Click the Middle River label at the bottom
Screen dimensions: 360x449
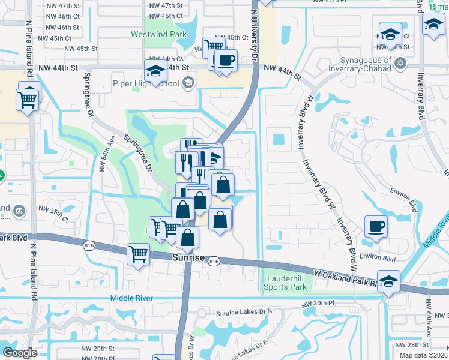pos(132,298)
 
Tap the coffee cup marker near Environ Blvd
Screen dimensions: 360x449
pos(376,227)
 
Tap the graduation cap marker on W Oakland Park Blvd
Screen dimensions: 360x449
pos(390,282)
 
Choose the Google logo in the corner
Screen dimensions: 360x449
pos(20,353)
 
